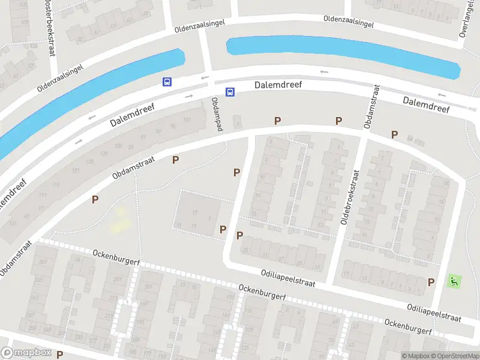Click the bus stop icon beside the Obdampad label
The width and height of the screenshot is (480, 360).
click(230, 92)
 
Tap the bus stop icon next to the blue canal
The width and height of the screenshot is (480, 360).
click(166, 82)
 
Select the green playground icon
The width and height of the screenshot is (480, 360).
click(454, 280)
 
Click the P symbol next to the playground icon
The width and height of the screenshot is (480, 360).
click(431, 282)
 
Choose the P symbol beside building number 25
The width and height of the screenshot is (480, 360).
click(240, 235)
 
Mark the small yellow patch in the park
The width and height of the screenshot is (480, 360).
click(121, 220)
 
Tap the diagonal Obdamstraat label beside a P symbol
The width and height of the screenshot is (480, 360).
click(133, 169)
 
